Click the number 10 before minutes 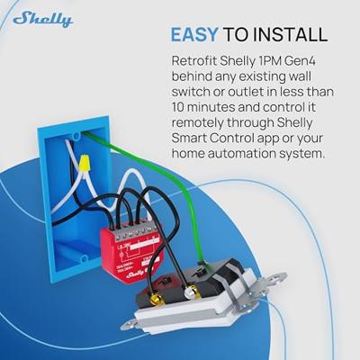pos(178,108)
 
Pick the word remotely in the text pos(201,124)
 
